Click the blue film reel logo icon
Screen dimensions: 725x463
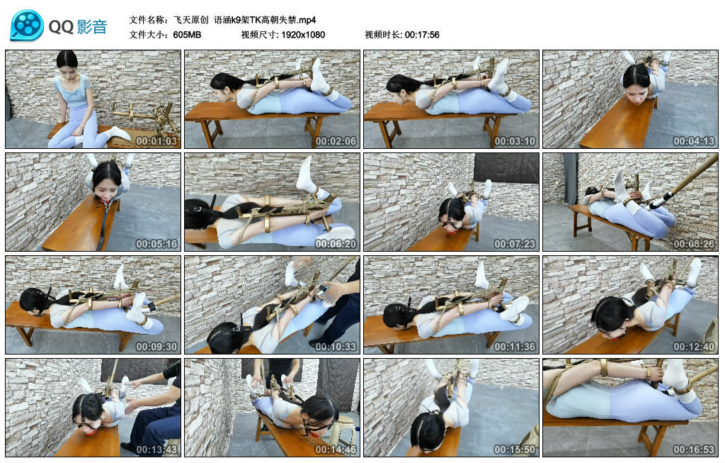click(x=27, y=26)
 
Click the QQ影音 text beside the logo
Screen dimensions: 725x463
click(x=78, y=27)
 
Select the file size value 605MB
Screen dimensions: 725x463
click(x=187, y=35)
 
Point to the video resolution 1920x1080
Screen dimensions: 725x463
click(x=303, y=35)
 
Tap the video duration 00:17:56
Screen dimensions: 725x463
click(x=422, y=35)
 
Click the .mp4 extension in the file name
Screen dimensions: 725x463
click(x=307, y=20)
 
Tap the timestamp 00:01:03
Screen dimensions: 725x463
click(x=156, y=141)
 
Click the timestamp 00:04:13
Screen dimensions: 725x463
click(x=694, y=141)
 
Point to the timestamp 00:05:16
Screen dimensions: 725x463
click(x=156, y=243)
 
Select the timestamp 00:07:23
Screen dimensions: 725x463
click(x=515, y=243)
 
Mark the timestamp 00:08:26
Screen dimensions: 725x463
click(x=694, y=243)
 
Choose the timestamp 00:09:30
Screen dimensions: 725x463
click(x=156, y=346)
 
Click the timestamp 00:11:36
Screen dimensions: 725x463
click(x=515, y=346)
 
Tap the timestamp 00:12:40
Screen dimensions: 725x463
click(x=694, y=346)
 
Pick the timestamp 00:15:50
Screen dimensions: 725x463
click(x=515, y=449)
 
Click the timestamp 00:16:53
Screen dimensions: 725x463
click(x=694, y=449)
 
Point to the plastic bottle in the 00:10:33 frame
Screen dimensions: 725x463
click(x=328, y=296)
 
